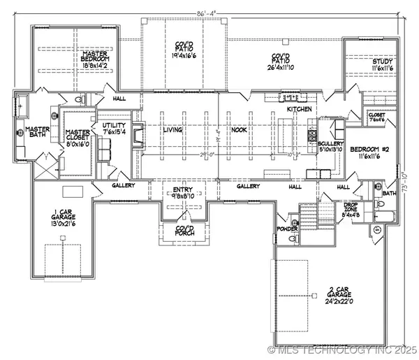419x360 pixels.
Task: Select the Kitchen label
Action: click(x=302, y=110)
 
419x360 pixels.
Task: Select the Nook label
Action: click(x=240, y=130)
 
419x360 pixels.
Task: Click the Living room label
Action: click(x=172, y=130)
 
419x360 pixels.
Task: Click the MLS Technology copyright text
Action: click(x=342, y=349)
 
